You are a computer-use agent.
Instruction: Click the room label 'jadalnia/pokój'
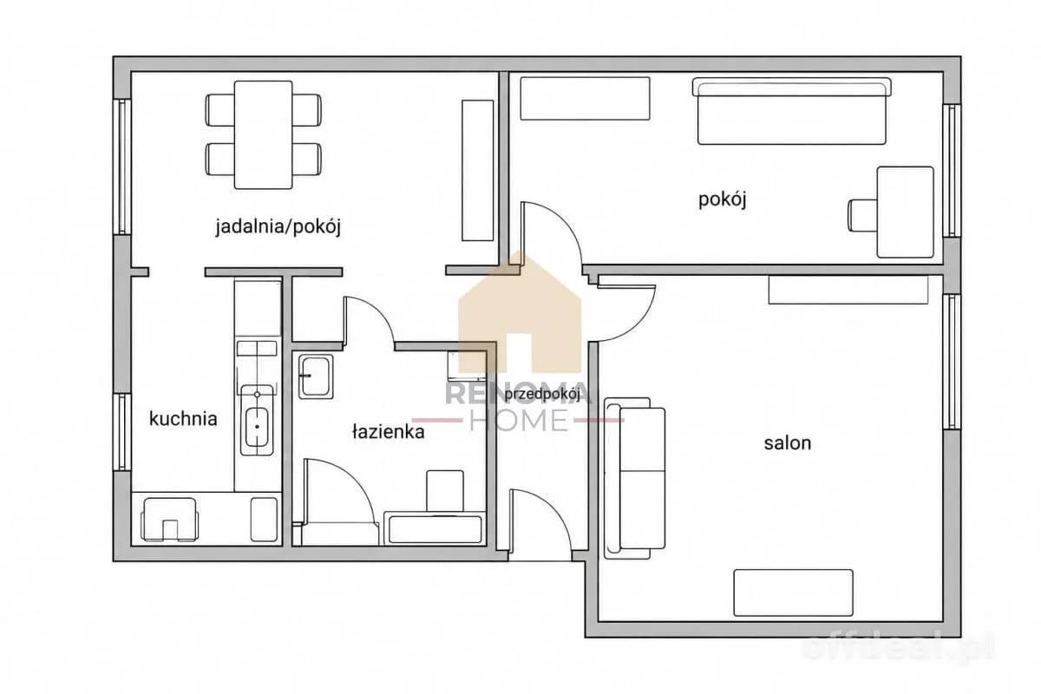278,226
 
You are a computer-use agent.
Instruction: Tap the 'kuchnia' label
183,419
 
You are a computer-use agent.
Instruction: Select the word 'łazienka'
389,432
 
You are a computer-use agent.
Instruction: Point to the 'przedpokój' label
542,395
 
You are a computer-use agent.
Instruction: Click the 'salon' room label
788,443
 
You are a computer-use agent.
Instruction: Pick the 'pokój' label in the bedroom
723,200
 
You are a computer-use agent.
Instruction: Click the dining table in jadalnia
263,134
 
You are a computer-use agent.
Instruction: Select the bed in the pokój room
792,111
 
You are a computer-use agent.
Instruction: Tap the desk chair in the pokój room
863,215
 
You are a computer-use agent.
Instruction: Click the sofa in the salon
635,477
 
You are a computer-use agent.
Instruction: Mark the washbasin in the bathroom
316,376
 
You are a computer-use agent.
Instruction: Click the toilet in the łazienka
445,492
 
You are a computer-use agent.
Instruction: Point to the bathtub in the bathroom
435,529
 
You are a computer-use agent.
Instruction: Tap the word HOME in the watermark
519,420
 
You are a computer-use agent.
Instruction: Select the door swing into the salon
626,314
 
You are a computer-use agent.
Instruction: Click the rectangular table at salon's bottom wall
793,593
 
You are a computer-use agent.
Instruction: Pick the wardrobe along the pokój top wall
585,99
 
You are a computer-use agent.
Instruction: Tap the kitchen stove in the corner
169,520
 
